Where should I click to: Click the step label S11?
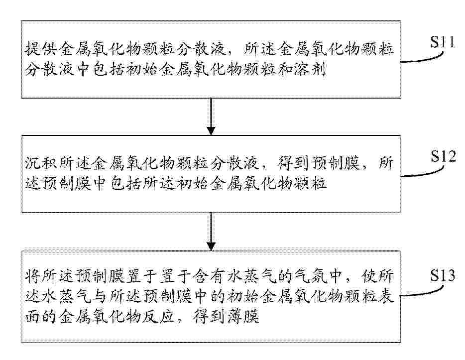(x=443, y=42)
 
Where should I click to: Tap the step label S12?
(x=443, y=156)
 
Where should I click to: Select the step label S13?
(x=443, y=275)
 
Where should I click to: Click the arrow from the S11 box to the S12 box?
(x=211, y=117)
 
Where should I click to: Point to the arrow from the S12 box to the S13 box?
(x=211, y=232)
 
